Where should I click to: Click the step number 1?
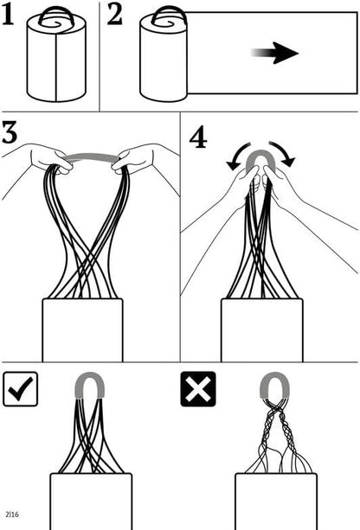(x=8, y=16)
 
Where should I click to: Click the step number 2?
(x=115, y=16)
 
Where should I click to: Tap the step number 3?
(x=10, y=132)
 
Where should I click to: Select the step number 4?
(x=198, y=138)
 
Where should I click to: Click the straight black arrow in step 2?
(x=274, y=53)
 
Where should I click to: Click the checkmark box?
(x=20, y=389)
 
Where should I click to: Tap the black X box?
(x=198, y=389)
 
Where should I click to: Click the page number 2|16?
(x=12, y=514)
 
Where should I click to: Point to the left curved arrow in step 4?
(x=237, y=156)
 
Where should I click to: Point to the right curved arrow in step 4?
(x=284, y=153)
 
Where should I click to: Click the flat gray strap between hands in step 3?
(x=92, y=156)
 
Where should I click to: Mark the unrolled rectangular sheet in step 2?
(x=272, y=53)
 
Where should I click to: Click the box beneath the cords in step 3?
(x=82, y=330)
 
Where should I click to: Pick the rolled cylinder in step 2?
(x=164, y=57)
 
